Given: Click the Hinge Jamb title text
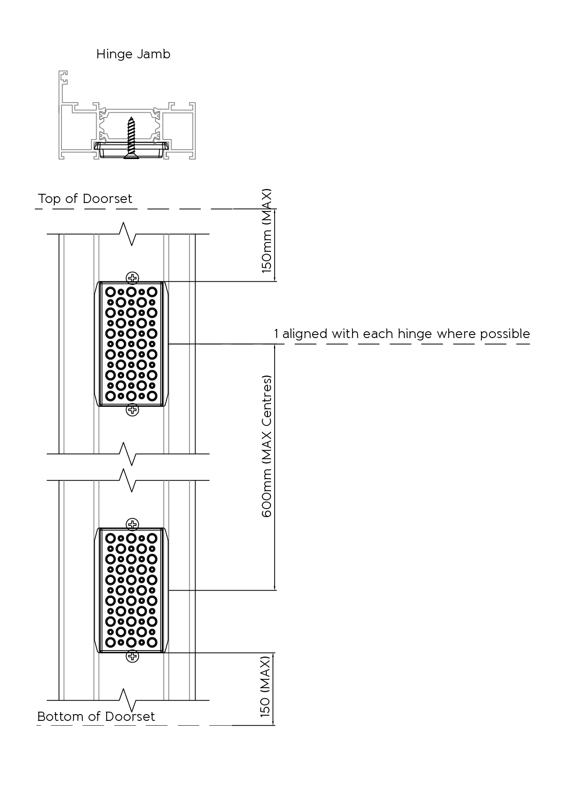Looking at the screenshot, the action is coord(133,54).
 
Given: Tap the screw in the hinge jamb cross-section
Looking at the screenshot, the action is coord(132,138).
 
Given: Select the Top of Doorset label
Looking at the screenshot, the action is coord(85,199).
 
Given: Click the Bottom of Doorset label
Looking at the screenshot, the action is coord(96,716).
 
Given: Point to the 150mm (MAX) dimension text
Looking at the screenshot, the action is coord(267,231).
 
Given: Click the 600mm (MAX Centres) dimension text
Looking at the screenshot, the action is coord(267,446).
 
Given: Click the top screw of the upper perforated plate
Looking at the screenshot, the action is coord(132,278).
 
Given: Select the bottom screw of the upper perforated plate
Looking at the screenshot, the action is coord(132,410).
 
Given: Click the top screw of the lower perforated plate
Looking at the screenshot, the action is coord(132,524).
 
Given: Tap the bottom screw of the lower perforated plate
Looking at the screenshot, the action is coord(132,656).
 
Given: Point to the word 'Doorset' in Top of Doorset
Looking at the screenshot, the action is coord(108,199).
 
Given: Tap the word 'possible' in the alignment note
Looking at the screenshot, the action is coord(505,334).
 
